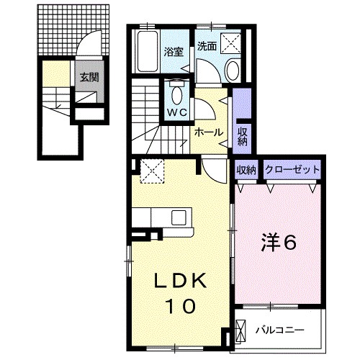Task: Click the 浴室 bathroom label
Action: pyautogui.click(x=173, y=52)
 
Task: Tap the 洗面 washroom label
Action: pyautogui.click(x=207, y=45)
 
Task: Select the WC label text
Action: pyautogui.click(x=177, y=112)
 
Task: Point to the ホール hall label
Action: pyautogui.click(x=208, y=132)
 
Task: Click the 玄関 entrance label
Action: pyautogui.click(x=89, y=78)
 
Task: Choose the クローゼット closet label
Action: pyautogui.click(x=292, y=170)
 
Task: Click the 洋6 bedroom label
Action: pyautogui.click(x=277, y=243)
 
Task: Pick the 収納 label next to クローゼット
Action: pyautogui.click(x=246, y=170)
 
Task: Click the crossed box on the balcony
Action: pyautogui.click(x=241, y=330)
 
